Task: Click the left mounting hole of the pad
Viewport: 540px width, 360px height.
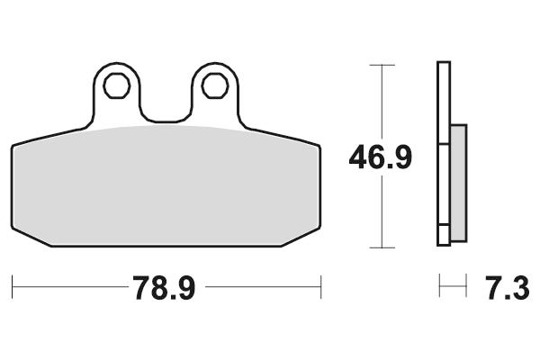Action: pos(114,85)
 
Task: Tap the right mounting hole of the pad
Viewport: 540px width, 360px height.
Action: pos(213,85)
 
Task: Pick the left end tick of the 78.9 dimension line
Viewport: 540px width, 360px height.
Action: pos(12,288)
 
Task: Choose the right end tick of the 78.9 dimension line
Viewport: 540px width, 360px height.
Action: pos(321,288)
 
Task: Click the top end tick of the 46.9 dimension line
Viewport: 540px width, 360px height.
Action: pos(382,65)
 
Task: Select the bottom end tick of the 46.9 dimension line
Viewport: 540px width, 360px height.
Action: pos(382,247)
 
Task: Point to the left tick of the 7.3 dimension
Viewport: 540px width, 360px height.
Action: pos(438,288)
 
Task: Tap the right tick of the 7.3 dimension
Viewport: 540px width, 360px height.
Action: pos(466,288)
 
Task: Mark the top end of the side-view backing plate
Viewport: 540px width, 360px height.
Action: pos(443,65)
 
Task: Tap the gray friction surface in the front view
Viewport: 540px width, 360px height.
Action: pos(166,184)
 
